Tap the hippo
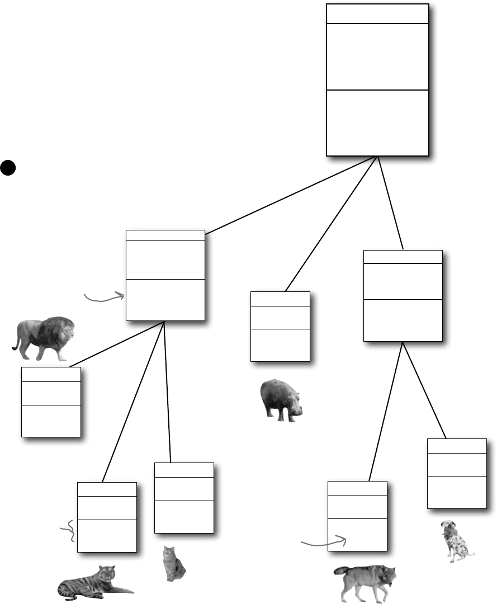[281, 398]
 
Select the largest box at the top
[377, 79]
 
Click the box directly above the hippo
[280, 327]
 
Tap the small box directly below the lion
[51, 402]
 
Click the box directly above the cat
[184, 498]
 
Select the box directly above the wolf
[357, 515]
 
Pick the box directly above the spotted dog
[456, 474]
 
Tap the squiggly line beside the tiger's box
[69, 531]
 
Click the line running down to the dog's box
[424, 391]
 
